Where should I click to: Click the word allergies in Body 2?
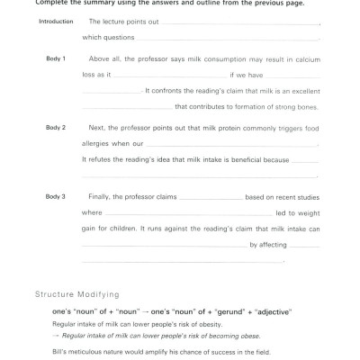pyautogui.click(x=97, y=143)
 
